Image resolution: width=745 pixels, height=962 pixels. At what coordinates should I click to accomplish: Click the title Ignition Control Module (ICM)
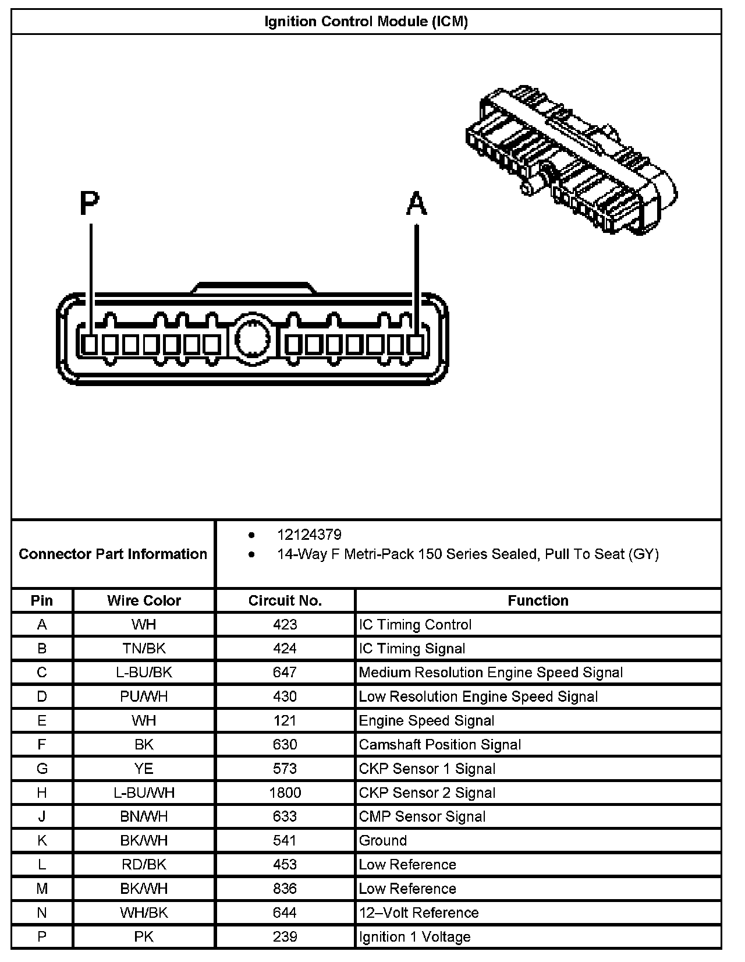(366, 22)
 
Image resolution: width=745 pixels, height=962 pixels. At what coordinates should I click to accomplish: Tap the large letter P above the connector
(89, 204)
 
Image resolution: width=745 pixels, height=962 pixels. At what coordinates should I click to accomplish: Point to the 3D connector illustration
(572, 160)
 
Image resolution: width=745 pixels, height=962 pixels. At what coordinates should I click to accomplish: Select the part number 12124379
(309, 535)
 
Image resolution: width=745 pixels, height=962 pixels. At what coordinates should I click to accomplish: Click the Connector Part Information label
(113, 554)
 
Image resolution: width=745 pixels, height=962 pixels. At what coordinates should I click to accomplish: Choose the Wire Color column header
(144, 600)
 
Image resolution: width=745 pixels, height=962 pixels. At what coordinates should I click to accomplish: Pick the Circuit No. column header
(285, 600)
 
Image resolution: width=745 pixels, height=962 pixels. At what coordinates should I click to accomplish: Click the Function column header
(538, 600)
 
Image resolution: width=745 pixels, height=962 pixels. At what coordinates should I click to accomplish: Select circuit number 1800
(285, 793)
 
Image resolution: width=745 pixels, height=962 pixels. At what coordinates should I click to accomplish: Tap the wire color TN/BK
(144, 649)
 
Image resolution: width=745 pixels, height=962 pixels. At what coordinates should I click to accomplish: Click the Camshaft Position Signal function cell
(439, 745)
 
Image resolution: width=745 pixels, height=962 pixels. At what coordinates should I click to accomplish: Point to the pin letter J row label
(42, 816)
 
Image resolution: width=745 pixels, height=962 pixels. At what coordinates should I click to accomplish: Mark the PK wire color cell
(144, 936)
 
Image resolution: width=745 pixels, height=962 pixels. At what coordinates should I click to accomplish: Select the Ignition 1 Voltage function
(414, 936)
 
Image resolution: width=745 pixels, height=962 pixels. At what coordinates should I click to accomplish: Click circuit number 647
(285, 673)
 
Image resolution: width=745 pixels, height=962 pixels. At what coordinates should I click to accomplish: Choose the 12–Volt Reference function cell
(418, 913)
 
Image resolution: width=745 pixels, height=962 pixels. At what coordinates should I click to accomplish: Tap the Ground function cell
(382, 840)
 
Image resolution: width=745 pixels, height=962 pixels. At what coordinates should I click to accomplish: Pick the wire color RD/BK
(144, 865)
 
